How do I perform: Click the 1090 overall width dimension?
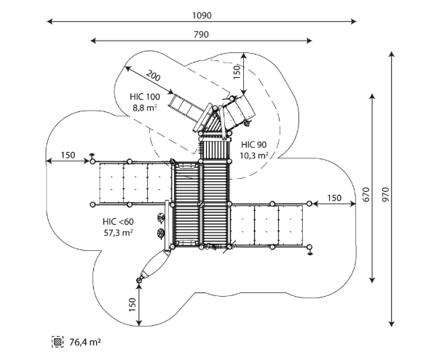click(x=202, y=15)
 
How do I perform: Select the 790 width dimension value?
click(x=201, y=35)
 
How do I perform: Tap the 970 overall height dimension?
click(x=386, y=194)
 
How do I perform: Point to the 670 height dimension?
click(x=366, y=194)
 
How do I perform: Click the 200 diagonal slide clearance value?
click(x=153, y=75)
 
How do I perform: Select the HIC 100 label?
click(x=145, y=97)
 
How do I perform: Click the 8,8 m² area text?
click(x=145, y=108)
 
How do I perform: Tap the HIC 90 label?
click(x=254, y=145)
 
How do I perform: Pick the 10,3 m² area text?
click(x=254, y=156)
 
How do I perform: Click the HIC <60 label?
click(x=118, y=222)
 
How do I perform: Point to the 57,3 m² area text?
click(x=118, y=233)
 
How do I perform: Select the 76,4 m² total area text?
click(x=85, y=343)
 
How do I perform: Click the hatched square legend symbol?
click(x=58, y=342)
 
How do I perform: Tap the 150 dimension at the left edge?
click(x=68, y=155)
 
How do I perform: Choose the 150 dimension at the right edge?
click(x=334, y=198)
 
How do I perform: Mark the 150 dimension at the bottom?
click(x=133, y=305)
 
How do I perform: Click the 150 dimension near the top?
click(x=237, y=72)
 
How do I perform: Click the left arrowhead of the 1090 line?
click(x=50, y=22)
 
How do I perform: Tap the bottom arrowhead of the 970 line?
click(x=392, y=324)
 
